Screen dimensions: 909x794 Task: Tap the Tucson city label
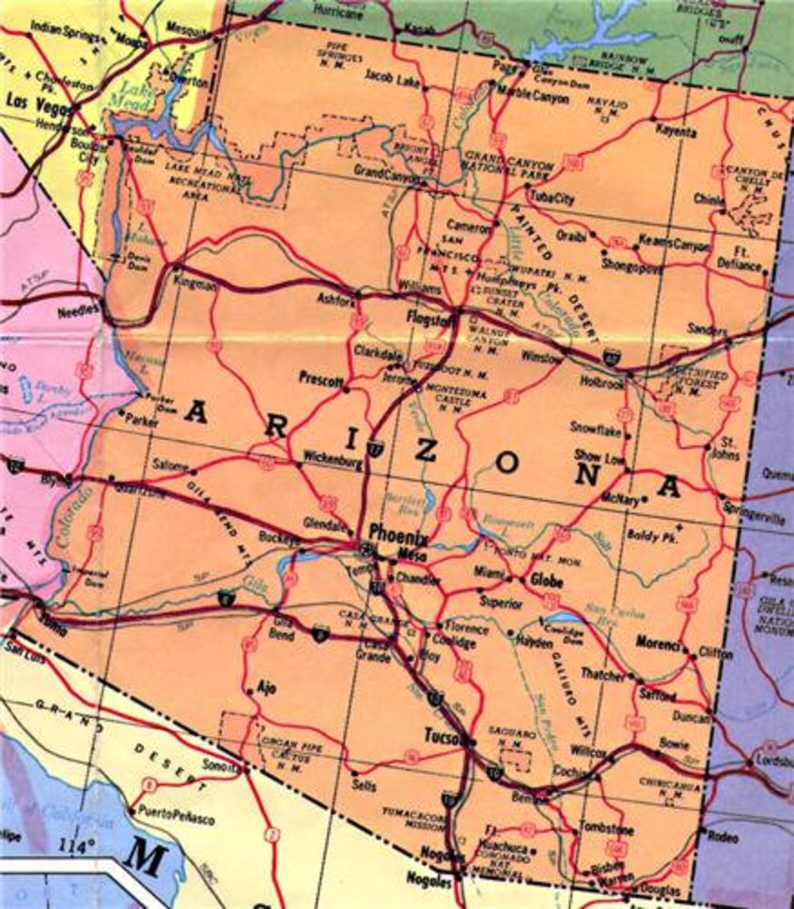(x=442, y=735)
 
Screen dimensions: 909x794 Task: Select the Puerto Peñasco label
(x=177, y=818)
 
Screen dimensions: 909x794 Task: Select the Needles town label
(x=78, y=310)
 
